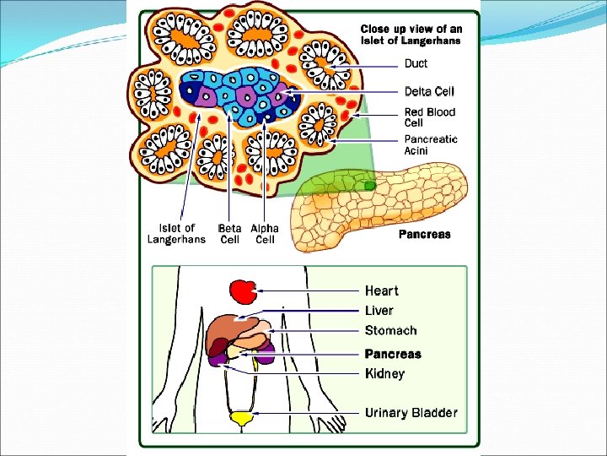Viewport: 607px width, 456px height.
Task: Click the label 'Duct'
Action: [x=416, y=63]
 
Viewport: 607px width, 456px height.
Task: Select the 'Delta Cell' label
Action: [x=430, y=90]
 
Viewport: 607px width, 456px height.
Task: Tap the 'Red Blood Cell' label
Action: [x=429, y=117]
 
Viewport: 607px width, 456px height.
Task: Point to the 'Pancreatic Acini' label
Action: [x=431, y=144]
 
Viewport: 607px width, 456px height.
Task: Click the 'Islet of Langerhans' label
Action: [x=176, y=234]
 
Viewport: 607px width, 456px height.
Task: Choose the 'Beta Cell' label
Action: [x=229, y=234]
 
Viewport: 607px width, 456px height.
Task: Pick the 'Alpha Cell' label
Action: [x=264, y=234]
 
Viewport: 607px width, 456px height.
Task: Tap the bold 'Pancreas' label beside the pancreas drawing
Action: [x=425, y=235]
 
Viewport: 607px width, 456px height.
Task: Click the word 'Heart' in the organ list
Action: [x=382, y=290]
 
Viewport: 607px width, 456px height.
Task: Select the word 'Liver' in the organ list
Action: [x=379, y=311]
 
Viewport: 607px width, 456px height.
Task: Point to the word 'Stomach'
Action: [x=390, y=331]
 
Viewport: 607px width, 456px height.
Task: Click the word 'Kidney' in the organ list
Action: [x=384, y=373]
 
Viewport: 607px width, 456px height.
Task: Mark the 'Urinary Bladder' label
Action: [x=411, y=413]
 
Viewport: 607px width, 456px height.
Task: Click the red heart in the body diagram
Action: [x=243, y=292]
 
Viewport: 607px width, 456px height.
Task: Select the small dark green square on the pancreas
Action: [x=369, y=184]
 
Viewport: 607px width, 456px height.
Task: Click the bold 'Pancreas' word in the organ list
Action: [x=393, y=354]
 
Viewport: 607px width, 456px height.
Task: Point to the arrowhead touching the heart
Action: [x=261, y=290]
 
